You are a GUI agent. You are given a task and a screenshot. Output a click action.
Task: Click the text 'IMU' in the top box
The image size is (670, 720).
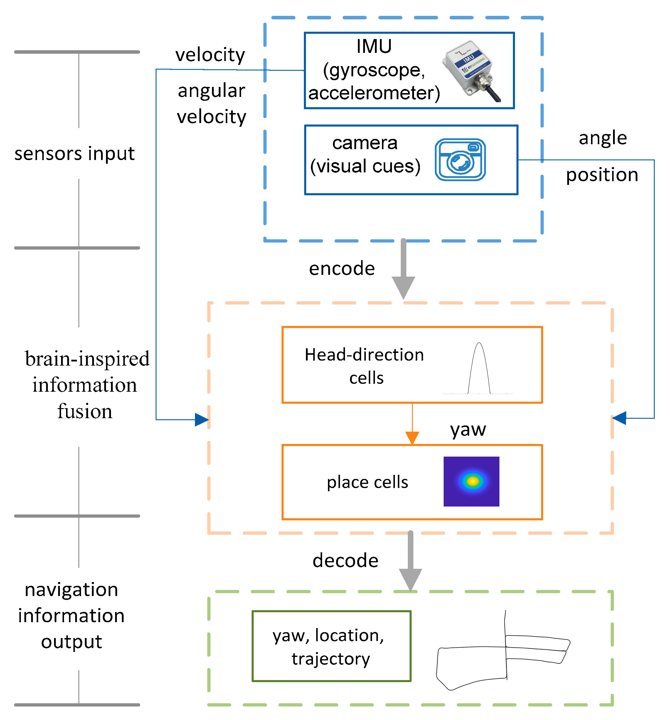tap(374, 46)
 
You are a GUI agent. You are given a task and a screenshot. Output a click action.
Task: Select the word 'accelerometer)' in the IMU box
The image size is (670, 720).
tap(374, 93)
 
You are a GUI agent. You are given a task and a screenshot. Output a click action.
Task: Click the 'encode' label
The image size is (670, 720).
tap(341, 269)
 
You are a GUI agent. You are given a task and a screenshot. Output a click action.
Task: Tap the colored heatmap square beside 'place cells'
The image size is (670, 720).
tap(471, 481)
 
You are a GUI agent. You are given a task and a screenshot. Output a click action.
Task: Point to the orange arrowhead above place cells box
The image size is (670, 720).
tap(412, 438)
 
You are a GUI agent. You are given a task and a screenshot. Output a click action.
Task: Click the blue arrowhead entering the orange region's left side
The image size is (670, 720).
tap(201, 420)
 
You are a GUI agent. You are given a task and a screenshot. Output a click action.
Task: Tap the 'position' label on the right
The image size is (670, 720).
tap(602, 175)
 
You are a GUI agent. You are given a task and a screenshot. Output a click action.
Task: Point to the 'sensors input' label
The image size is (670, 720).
tap(74, 154)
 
